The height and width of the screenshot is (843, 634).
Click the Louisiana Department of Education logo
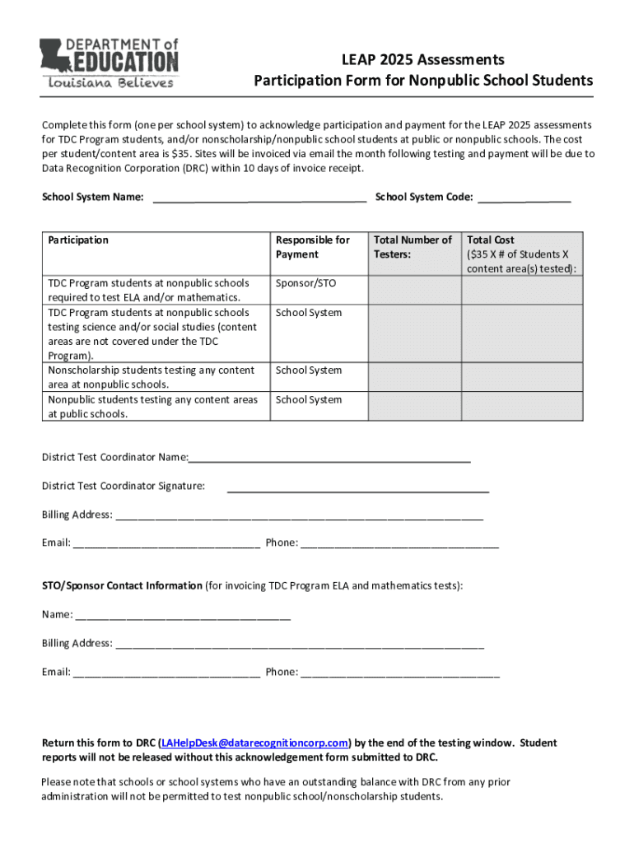coord(109,63)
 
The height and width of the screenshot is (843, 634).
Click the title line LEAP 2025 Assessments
coord(423,60)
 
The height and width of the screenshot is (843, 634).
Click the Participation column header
coord(78,240)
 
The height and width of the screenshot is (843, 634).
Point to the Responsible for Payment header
coord(313,247)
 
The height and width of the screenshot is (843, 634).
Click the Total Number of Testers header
coord(413,247)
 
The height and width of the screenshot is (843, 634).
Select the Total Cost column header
coord(522,254)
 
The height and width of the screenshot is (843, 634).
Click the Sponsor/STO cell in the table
coord(306,283)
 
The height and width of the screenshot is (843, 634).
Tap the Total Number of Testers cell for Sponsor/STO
coord(413,290)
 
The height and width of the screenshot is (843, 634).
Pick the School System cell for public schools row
coord(309,400)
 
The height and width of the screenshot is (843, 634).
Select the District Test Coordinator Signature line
coord(357,487)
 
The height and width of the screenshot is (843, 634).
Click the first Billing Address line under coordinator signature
coord(299,515)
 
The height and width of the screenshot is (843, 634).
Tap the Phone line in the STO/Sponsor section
coord(400,673)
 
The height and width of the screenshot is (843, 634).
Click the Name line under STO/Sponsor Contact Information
coord(182,615)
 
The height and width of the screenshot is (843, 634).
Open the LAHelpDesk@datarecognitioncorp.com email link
coord(255,743)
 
